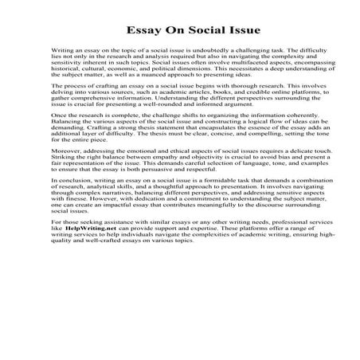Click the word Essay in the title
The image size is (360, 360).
tap(144, 33)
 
